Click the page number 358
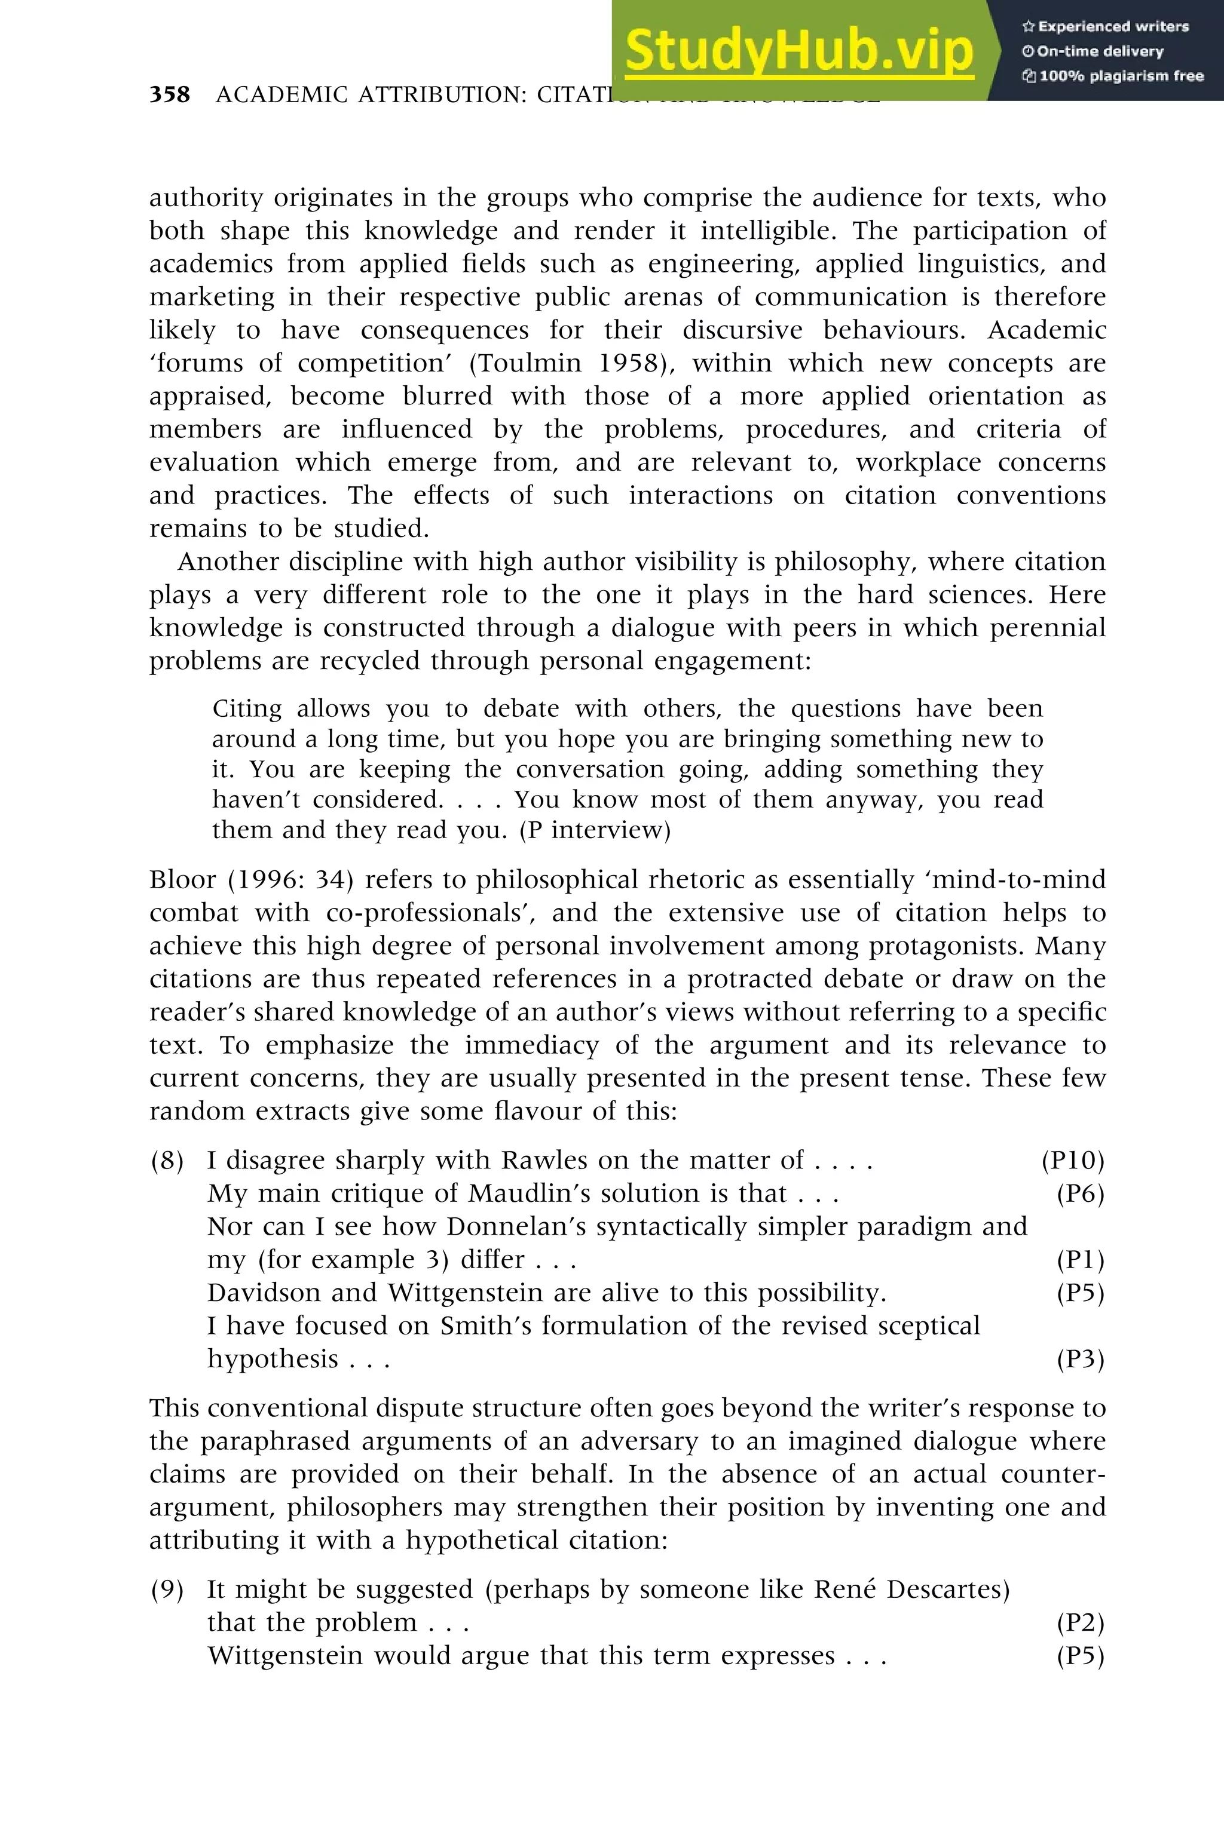pyautogui.click(x=169, y=94)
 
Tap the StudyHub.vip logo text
pyautogui.click(x=798, y=51)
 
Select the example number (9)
pyautogui.click(x=167, y=1589)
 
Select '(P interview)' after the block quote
pyautogui.click(x=595, y=830)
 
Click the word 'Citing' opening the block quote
pyautogui.click(x=247, y=708)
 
